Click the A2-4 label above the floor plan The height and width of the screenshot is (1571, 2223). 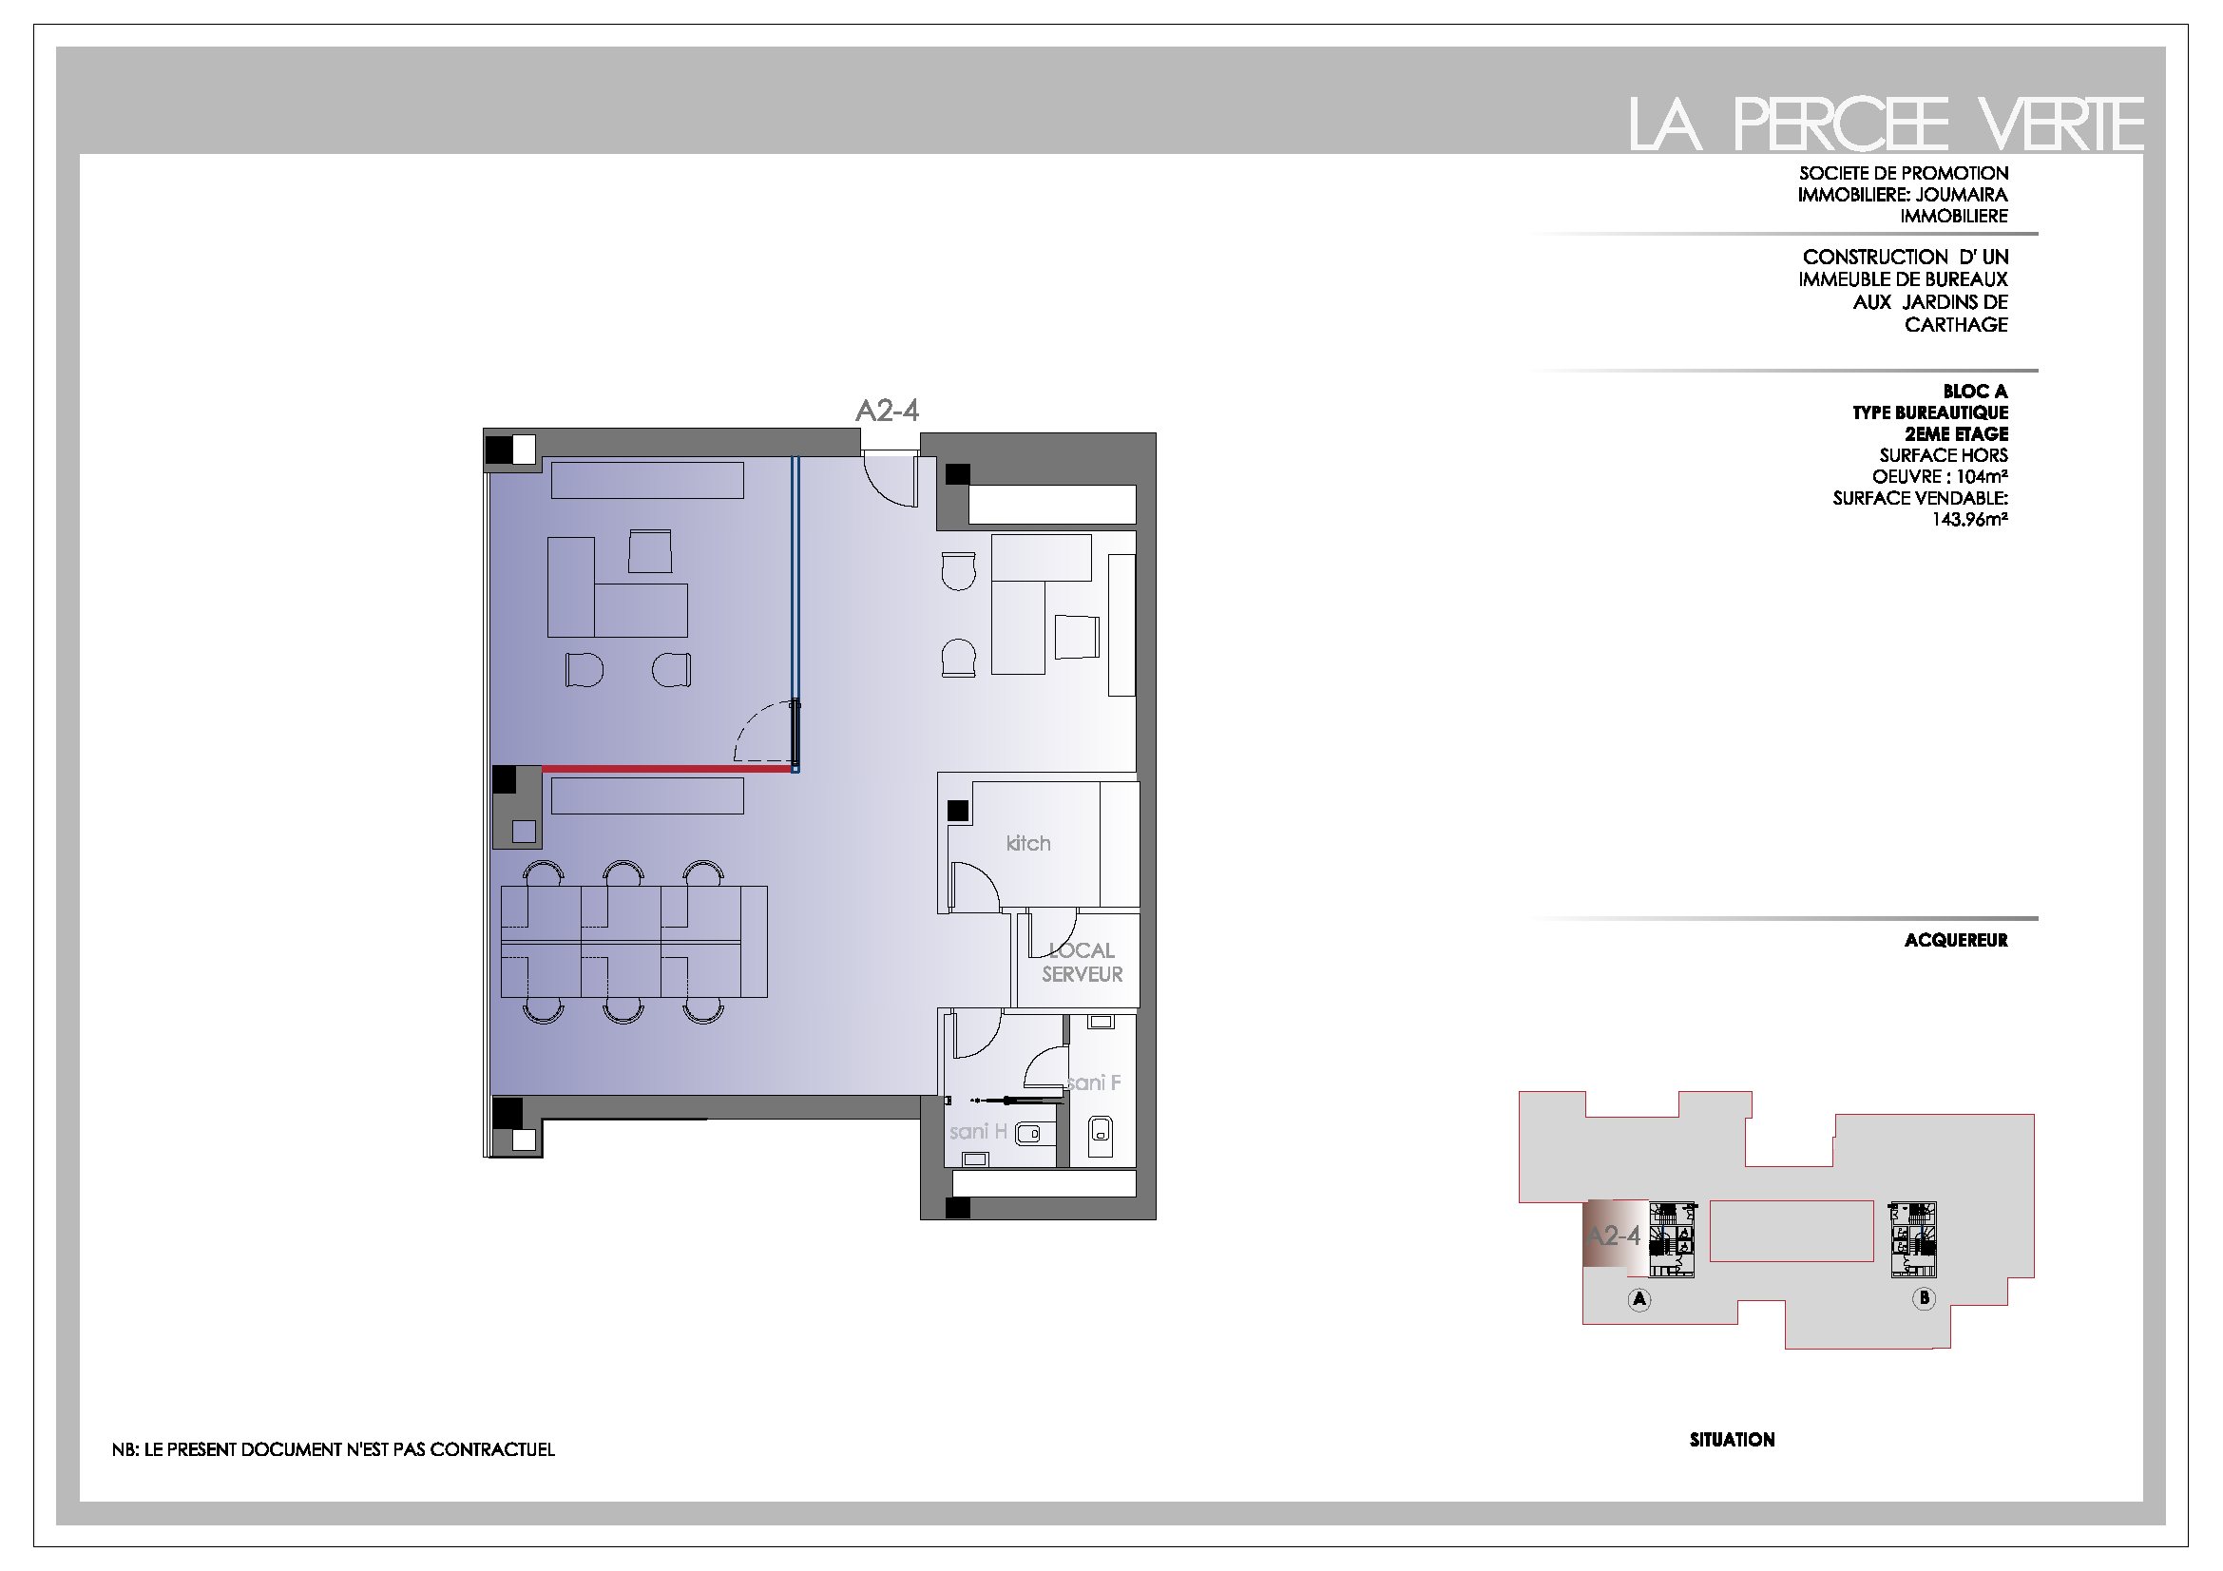click(887, 412)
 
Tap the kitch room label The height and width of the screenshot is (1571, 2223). click(1028, 843)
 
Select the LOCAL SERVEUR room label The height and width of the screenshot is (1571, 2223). click(1082, 962)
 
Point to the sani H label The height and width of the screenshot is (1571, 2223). click(978, 1132)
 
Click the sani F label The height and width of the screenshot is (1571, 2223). click(1094, 1082)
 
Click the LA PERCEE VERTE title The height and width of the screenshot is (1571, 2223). click(1885, 124)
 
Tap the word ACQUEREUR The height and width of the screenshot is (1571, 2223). click(1956, 940)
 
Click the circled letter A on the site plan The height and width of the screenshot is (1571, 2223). click(1639, 1299)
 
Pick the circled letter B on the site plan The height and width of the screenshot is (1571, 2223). click(1924, 1298)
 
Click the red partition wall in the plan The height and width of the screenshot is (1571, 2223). click(668, 769)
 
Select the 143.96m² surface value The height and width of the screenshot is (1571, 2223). click(1969, 520)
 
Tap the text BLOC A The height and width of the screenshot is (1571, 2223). click(1975, 391)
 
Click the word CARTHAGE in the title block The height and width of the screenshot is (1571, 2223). click(1956, 325)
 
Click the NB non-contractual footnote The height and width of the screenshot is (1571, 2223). click(333, 1449)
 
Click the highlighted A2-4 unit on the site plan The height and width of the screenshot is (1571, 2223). click(1615, 1235)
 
